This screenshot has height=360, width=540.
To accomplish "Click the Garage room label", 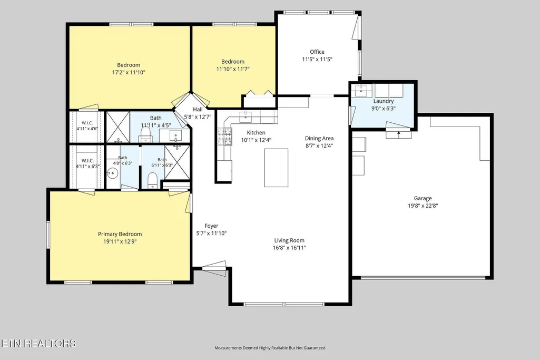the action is click(423, 198).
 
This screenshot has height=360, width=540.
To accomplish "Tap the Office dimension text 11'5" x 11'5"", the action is click(317, 59).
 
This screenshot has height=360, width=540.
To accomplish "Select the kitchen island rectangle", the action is click(276, 168).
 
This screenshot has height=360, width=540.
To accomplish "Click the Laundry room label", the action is click(384, 101).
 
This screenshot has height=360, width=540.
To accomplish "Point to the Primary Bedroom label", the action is click(120, 234).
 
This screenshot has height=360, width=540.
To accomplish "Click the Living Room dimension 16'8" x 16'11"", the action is click(289, 248).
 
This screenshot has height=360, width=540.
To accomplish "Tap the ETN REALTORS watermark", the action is click(38, 343).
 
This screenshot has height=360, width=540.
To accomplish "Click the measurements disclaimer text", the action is click(270, 347).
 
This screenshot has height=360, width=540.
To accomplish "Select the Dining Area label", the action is click(319, 138).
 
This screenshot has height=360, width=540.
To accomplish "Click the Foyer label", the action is click(211, 226).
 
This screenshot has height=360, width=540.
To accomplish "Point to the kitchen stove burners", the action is click(224, 136).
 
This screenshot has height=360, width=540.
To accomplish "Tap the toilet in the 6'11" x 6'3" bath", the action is click(152, 180).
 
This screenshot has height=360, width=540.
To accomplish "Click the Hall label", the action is click(198, 109).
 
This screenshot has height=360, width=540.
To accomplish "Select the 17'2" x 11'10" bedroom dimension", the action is click(129, 72).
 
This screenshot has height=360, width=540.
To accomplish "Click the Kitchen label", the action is click(256, 132).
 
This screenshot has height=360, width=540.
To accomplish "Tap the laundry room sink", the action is click(363, 91).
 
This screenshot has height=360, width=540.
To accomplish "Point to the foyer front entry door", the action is click(214, 268).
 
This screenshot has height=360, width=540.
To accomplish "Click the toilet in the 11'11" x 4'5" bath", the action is click(145, 135).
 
